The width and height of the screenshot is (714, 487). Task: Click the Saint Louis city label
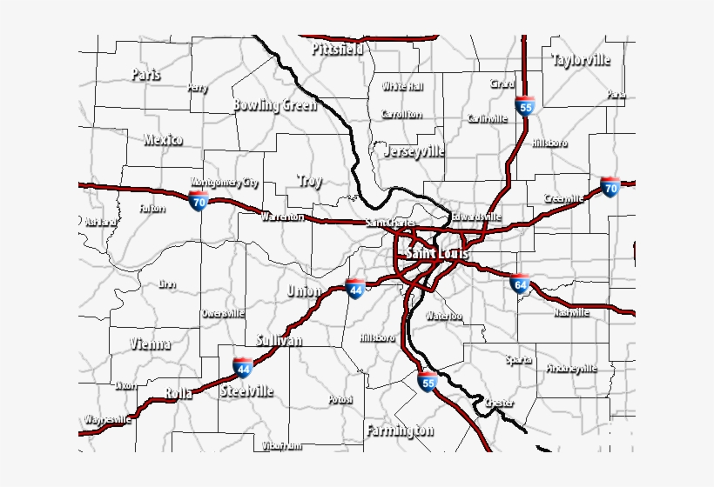(436, 253)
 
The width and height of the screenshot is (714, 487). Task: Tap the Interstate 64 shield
(521, 282)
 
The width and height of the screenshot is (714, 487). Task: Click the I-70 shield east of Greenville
(610, 187)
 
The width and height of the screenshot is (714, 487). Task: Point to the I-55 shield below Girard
(524, 106)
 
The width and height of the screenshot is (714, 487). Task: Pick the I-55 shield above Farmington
(427, 382)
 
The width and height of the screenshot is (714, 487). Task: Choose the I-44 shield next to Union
(354, 289)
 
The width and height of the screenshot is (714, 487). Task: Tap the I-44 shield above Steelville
(243, 368)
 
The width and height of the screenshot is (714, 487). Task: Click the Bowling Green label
(274, 105)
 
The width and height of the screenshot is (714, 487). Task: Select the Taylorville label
(581, 60)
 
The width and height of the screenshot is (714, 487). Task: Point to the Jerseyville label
(414, 150)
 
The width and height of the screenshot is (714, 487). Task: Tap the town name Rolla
(178, 394)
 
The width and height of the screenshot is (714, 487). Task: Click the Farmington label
(400, 430)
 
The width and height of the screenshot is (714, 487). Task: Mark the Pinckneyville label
(572, 368)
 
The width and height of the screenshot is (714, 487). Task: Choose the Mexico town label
(163, 139)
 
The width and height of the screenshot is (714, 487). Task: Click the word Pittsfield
(337, 49)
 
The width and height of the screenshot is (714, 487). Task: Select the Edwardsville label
(475, 217)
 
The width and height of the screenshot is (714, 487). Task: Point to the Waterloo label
(443, 316)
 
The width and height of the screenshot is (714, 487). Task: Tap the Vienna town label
(150, 344)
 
